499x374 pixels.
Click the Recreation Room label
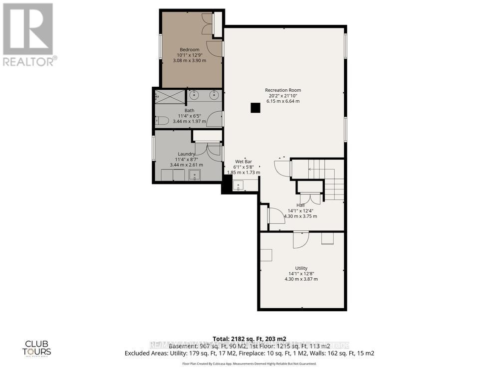coord(283,90)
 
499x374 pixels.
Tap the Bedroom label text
coord(190,49)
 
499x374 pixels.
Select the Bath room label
coord(190,111)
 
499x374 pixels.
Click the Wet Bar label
coord(244,162)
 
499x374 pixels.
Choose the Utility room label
coord(301,268)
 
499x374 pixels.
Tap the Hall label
coord(300,204)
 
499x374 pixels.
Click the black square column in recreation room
coord(255,108)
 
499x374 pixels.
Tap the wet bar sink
coord(238,186)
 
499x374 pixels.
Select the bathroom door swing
coord(216,119)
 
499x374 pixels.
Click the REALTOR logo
coord(28,34)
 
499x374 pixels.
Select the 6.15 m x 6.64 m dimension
coord(283,101)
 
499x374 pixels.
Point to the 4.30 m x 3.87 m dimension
coord(301,279)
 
